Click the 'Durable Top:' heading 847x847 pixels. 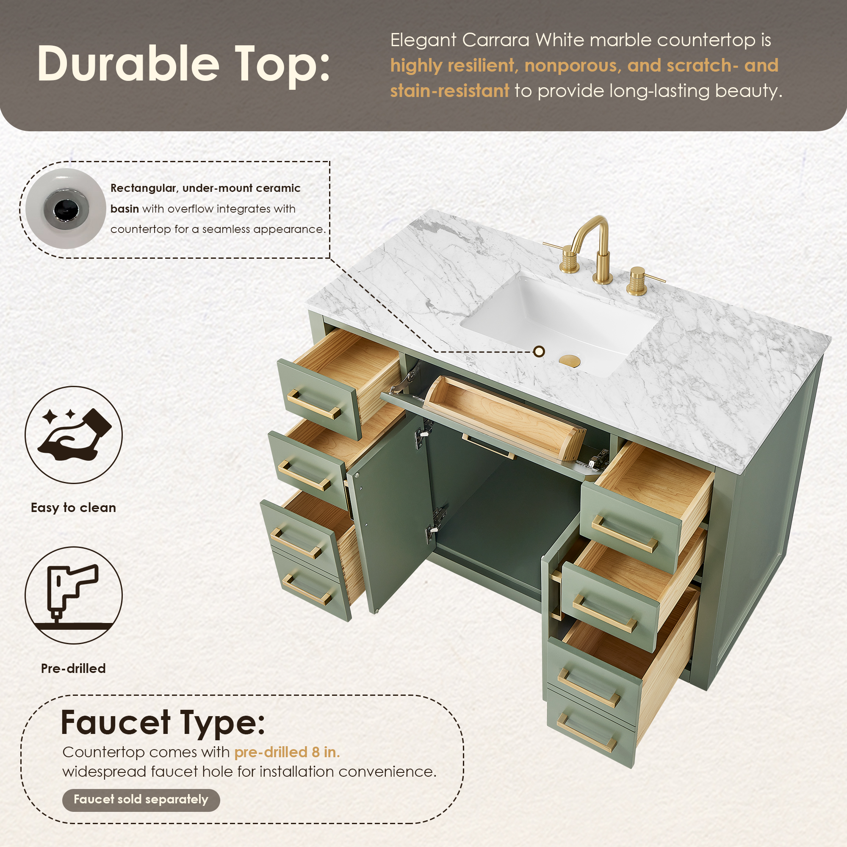(x=183, y=64)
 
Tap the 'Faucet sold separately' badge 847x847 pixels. (x=141, y=799)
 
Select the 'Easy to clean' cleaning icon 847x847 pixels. (x=74, y=435)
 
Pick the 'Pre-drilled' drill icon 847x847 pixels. (x=74, y=595)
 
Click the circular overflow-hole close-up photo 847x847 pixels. (x=66, y=209)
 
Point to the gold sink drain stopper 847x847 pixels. (x=570, y=360)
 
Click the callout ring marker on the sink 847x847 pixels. (x=539, y=351)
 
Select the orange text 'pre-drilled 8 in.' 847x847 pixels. (x=287, y=752)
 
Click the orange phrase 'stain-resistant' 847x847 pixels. (x=450, y=91)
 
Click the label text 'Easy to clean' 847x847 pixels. (x=74, y=508)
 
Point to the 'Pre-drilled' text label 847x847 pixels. (x=74, y=668)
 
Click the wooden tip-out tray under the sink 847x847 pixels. (x=504, y=416)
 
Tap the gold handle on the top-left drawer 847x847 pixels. (x=314, y=404)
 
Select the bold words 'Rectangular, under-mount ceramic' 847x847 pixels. (x=205, y=188)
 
